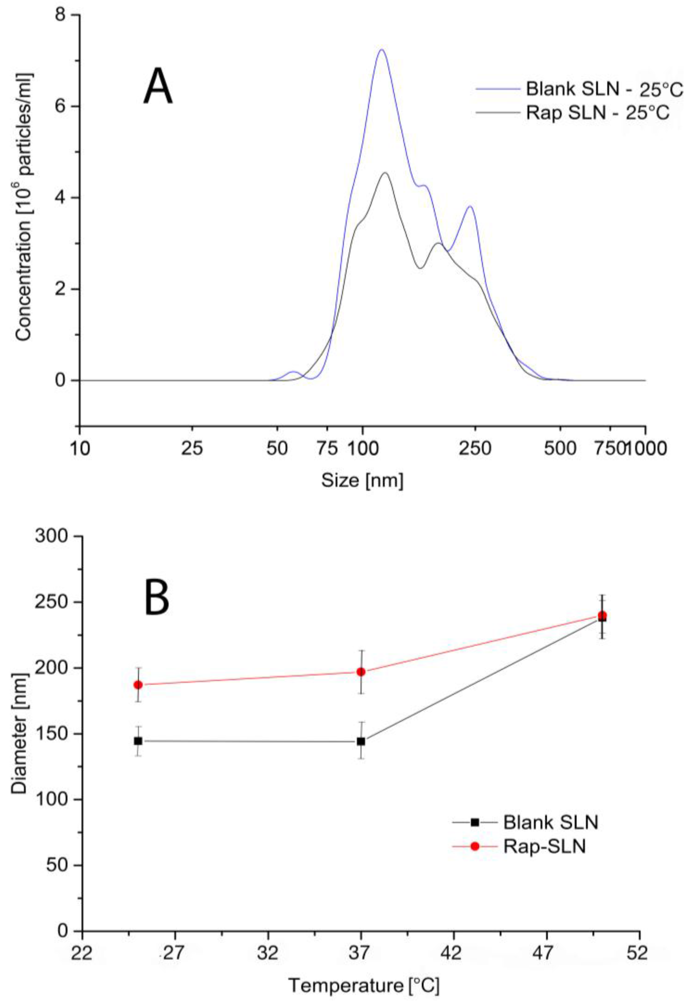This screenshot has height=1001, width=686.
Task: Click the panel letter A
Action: [x=158, y=87]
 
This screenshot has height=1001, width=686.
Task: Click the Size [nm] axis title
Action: [x=362, y=480]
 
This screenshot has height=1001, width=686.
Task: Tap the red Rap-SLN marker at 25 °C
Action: [x=138, y=685]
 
